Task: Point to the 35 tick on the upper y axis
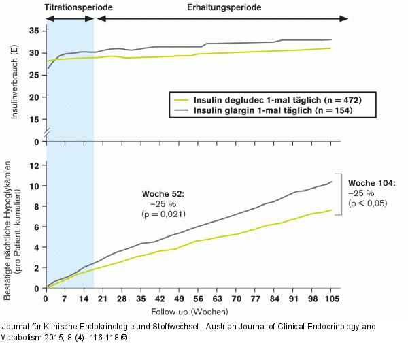coord(33,31)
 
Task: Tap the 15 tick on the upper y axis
coord(33,120)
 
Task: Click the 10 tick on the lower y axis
coord(33,186)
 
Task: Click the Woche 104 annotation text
coord(371,183)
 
